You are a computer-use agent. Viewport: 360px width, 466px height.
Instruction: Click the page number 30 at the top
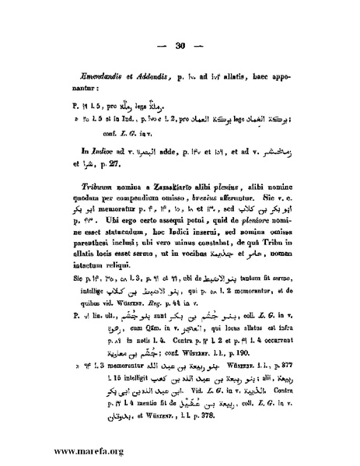[x=180, y=45]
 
